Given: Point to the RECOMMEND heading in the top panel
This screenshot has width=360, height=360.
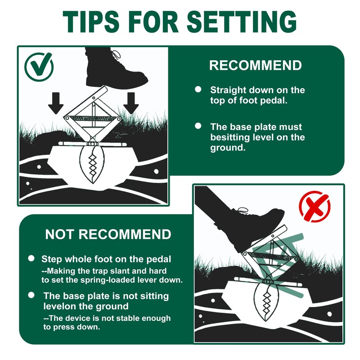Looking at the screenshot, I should pyautogui.click(x=255, y=65).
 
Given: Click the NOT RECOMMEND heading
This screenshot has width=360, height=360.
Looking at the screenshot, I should pyautogui.click(x=108, y=234).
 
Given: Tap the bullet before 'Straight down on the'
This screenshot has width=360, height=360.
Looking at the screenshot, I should pyautogui.click(x=198, y=90).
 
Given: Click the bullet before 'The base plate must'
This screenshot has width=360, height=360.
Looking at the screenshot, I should pyautogui.click(x=198, y=127).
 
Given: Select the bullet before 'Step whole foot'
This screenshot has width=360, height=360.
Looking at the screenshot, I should pyautogui.click(x=31, y=259).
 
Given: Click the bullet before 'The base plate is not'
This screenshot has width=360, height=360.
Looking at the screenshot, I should pyautogui.click(x=31, y=296).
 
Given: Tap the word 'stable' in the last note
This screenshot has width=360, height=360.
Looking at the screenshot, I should pyautogui.click(x=118, y=318).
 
